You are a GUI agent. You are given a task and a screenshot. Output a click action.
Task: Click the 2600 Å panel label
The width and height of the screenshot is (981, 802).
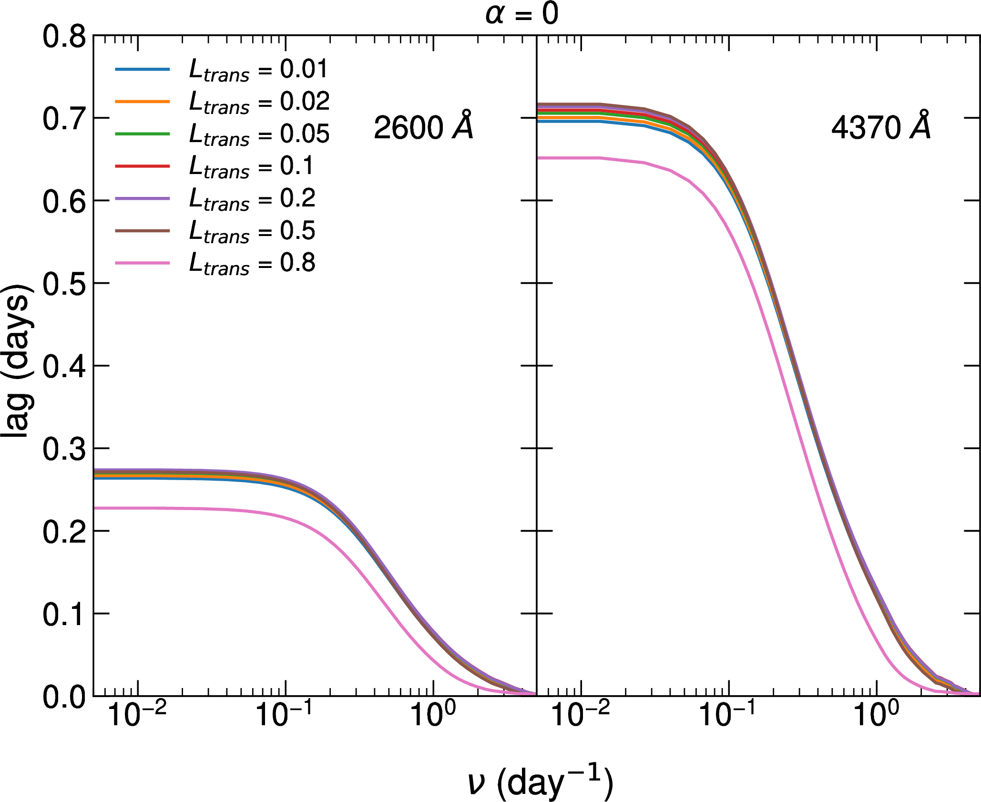coord(423,127)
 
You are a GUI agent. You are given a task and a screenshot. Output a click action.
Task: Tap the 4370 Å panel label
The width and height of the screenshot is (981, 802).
coord(881,127)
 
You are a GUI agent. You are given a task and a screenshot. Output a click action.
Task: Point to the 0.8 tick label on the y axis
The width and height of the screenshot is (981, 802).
coord(64,37)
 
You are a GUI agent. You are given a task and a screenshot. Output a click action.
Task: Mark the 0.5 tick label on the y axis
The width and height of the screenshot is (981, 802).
coord(64,284)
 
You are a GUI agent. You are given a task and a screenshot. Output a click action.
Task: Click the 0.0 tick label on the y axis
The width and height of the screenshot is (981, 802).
coord(64,697)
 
